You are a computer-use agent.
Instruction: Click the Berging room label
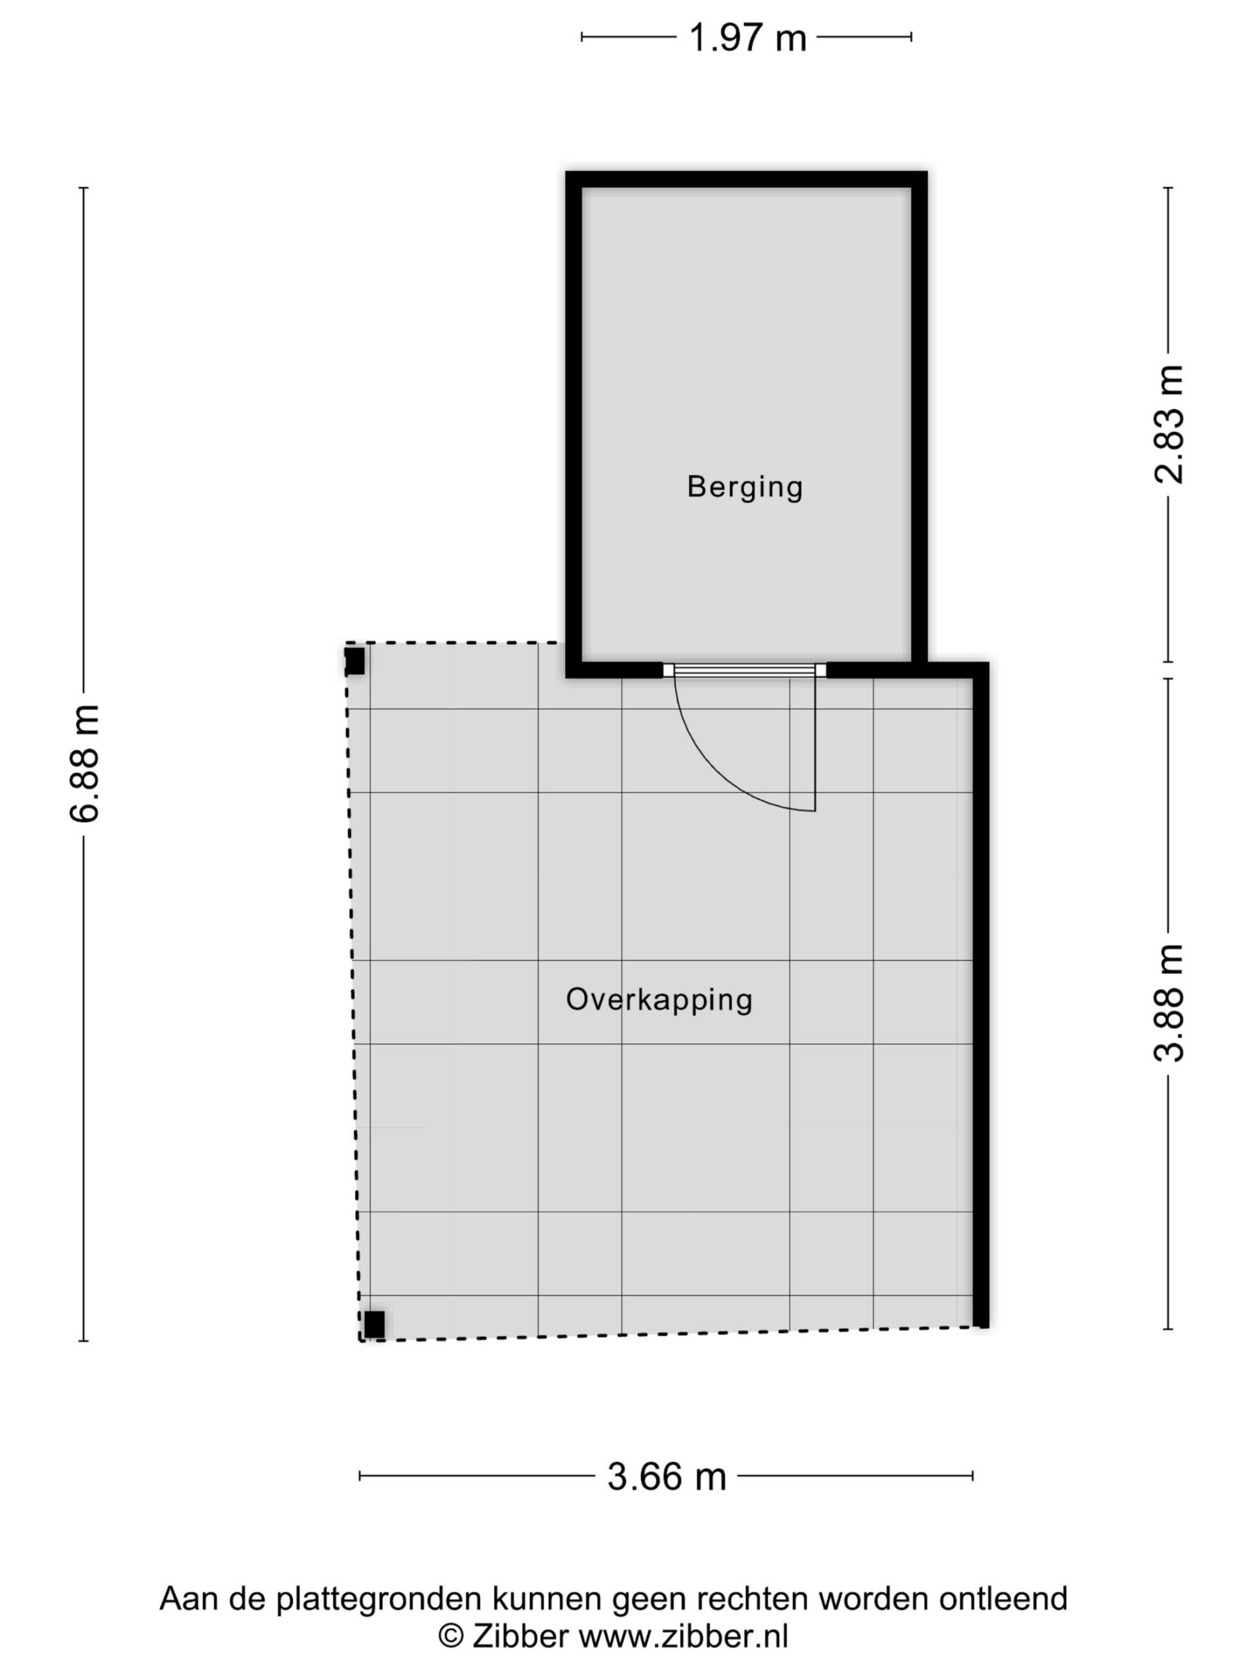coord(744,487)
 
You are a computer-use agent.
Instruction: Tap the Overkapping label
coord(658,1000)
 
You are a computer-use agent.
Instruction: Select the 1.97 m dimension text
coord(747,37)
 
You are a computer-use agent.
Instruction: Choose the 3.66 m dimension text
coord(666,1476)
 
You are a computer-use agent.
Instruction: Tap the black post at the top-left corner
coord(355,661)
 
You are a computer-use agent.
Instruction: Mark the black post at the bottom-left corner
coord(375,1324)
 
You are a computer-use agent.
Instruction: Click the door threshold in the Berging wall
coord(745,670)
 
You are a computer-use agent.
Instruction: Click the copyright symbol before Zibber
coord(451,1637)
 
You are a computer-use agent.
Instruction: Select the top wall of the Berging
coord(746,179)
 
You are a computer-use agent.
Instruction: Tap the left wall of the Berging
coord(574,424)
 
